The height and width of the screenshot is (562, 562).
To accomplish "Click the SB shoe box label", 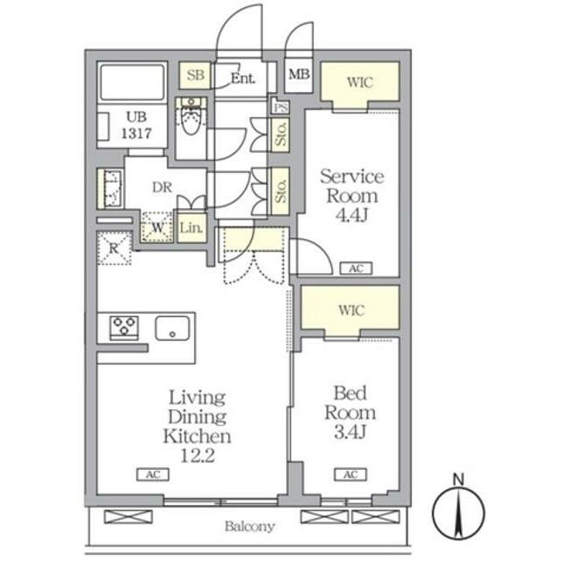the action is [195, 75].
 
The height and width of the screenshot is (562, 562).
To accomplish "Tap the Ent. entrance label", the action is [243, 78].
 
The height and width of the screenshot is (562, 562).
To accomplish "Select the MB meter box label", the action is [299, 74].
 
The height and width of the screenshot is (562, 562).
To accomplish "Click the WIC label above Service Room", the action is [360, 82].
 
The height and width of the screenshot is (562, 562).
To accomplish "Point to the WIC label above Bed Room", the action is [351, 310].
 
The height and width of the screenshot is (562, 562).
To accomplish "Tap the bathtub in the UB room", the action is [133, 82].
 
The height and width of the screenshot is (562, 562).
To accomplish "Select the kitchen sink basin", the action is [172, 328].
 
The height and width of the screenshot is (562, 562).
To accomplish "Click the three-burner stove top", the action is [124, 328].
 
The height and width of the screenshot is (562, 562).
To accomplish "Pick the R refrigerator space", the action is [114, 248].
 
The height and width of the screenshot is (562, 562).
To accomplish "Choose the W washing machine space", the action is [157, 227].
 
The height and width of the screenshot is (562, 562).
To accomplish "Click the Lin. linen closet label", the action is [191, 227].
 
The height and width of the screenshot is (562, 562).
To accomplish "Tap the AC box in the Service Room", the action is [356, 269].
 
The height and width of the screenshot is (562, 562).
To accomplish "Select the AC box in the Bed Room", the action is [350, 474].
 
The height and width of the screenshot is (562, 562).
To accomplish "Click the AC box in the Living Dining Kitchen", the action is [153, 474].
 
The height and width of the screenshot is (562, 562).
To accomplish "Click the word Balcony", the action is [249, 526].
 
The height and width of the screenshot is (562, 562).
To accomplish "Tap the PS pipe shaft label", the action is [280, 107].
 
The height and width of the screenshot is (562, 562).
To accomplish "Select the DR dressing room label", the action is [162, 187].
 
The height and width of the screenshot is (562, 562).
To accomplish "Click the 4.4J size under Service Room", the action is [351, 215].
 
